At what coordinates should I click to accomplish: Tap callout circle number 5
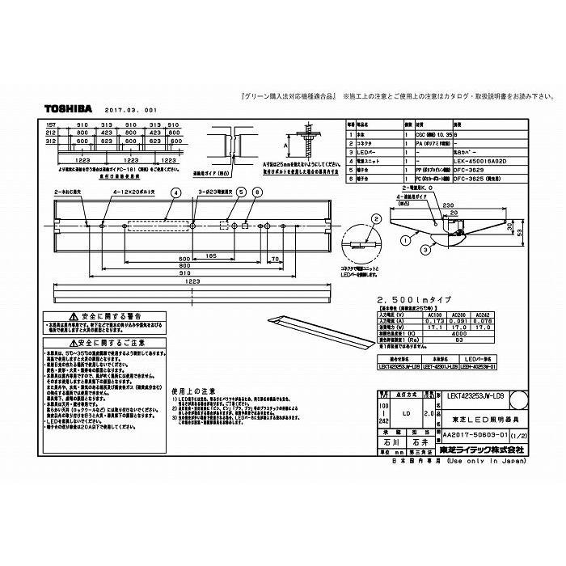pyautogui.click(x=240, y=192)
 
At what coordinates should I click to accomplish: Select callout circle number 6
pyautogui.click(x=258, y=192)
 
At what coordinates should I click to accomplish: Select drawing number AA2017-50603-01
pyautogui.click(x=470, y=435)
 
